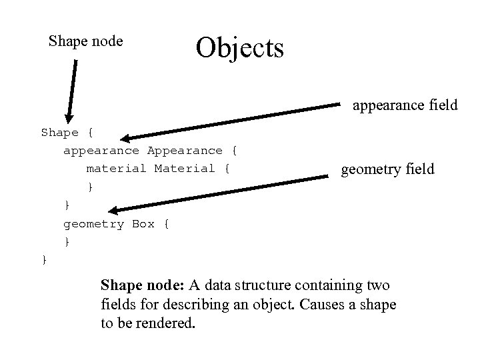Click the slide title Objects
239,47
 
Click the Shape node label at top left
86,41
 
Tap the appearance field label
405,105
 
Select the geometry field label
387,170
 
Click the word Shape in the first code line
60,133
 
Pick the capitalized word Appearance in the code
185,151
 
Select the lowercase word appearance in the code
101,151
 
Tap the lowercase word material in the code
117,169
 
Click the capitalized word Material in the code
185,169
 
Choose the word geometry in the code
94,224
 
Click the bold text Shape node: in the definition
143,286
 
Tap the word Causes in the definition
322,305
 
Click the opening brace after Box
166,224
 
